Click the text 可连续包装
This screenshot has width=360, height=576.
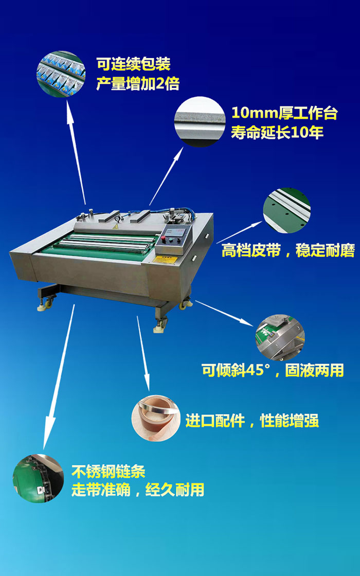133,65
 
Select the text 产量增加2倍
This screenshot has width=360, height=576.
137,84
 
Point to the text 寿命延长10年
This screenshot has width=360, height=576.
277,133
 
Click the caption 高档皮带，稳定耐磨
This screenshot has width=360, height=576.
288,251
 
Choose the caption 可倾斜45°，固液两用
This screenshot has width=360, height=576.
273,370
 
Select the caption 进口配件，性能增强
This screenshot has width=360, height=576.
252,421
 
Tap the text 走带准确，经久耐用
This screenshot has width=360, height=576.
137,490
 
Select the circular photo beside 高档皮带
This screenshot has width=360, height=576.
287,211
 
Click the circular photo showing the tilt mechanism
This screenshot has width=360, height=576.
280,338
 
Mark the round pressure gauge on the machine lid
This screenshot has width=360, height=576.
119,218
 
